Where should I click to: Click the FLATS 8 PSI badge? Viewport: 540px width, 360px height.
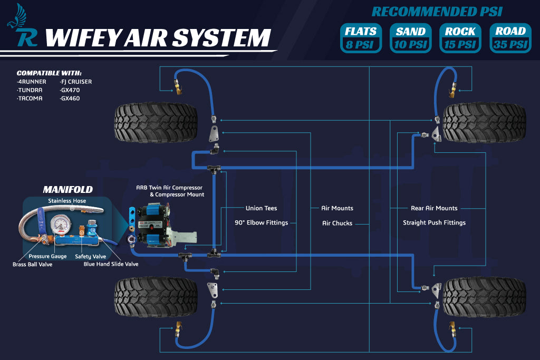point(361,37)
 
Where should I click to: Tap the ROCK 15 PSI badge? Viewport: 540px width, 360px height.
point(460,37)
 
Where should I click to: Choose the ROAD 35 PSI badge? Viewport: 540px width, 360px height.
point(510,37)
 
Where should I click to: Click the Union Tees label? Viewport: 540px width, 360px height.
point(261,208)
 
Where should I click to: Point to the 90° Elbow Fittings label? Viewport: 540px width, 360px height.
point(261,222)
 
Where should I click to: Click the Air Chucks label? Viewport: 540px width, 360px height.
point(337,223)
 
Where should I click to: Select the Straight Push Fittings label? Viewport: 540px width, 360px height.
point(434,222)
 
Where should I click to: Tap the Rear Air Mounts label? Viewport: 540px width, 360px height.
point(434,208)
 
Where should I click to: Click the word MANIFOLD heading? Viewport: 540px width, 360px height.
point(67,189)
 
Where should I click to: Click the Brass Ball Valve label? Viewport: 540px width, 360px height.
point(32,264)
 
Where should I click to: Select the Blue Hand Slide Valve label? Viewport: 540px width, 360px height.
point(111,264)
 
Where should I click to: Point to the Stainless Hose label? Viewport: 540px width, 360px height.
point(67,201)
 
